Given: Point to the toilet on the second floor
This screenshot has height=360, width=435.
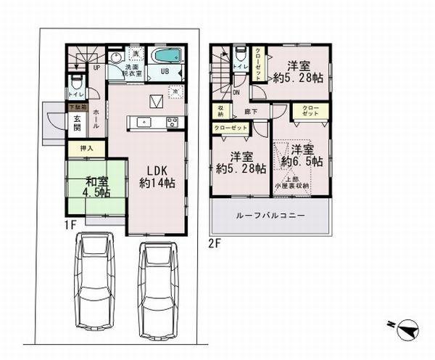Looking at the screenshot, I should point(240,57).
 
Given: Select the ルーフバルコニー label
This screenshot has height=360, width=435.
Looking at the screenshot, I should point(270,216).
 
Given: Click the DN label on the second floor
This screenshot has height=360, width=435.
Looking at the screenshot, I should point(236,92).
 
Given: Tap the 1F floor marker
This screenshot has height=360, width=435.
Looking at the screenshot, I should point(69,226).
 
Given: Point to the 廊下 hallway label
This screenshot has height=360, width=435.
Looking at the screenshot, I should point(249,113).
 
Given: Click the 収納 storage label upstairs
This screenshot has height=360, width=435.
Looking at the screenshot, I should point(220,111).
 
